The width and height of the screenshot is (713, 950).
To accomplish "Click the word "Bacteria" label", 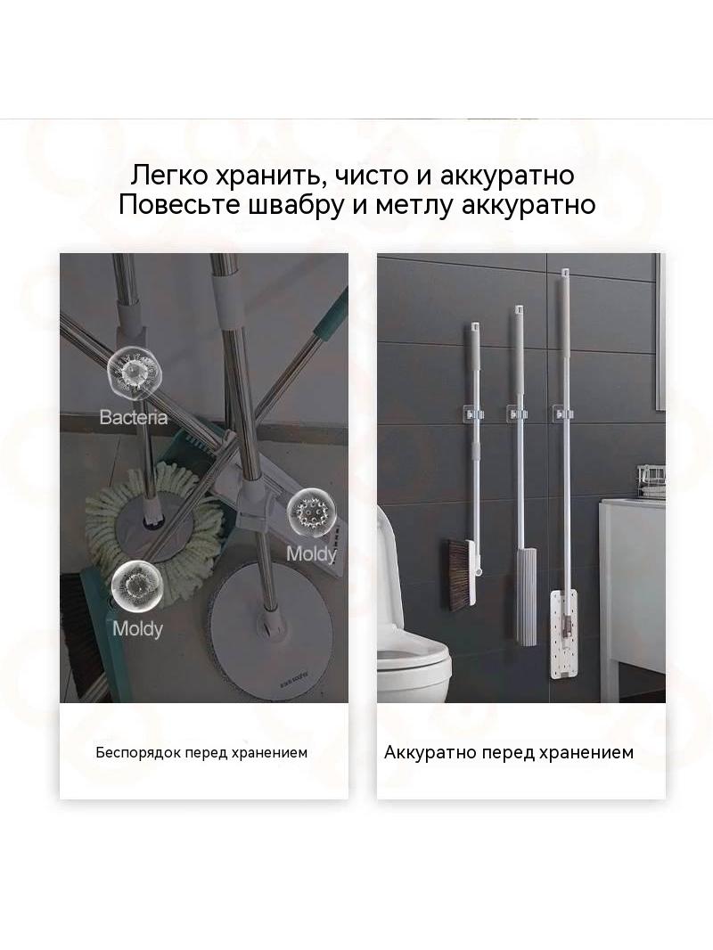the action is click(x=134, y=417).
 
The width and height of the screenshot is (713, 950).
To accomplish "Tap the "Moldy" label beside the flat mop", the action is click(x=311, y=553).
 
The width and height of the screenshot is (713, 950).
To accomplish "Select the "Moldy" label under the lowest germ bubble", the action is click(x=137, y=628).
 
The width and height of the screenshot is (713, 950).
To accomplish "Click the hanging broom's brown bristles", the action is click(x=458, y=571).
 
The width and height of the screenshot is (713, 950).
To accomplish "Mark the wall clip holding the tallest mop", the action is click(x=564, y=414).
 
